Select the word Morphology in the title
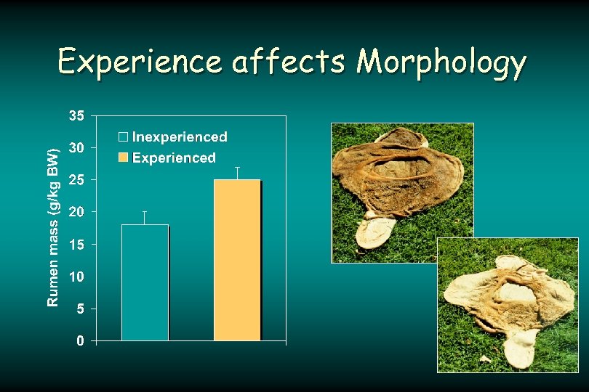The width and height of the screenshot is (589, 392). pyautogui.click(x=441, y=63)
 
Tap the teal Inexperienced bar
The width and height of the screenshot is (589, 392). pyautogui.click(x=145, y=282)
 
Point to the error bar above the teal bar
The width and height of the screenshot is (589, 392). pyautogui.click(x=145, y=218)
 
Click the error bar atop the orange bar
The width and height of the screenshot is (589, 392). pyautogui.click(x=237, y=173)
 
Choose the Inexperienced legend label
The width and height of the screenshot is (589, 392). pyautogui.click(x=179, y=137)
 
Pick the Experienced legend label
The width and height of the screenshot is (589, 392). pyautogui.click(x=174, y=158)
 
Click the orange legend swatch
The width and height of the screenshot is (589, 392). pyautogui.click(x=124, y=158)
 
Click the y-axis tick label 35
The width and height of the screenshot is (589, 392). pyautogui.click(x=76, y=115)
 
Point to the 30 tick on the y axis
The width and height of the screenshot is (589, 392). pyautogui.click(x=76, y=147)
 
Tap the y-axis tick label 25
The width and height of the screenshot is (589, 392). pyautogui.click(x=76, y=179)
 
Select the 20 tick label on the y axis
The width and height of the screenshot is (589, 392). pyautogui.click(x=76, y=212)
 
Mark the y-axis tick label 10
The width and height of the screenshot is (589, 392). pyautogui.click(x=76, y=277)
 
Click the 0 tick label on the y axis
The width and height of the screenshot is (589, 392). pyautogui.click(x=80, y=341)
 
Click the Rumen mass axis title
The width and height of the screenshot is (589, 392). pyautogui.click(x=53, y=227)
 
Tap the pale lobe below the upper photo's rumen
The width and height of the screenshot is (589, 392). pyautogui.click(x=374, y=233)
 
